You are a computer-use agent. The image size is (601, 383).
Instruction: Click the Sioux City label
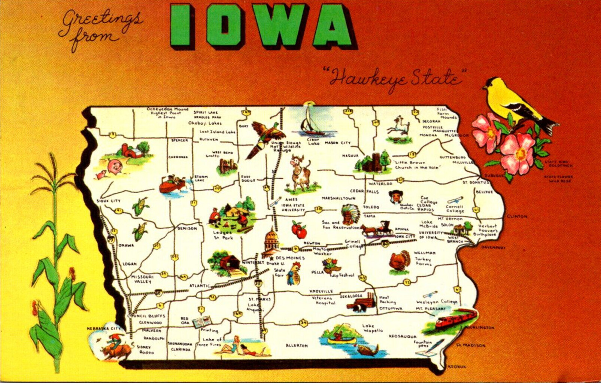pos(109,201)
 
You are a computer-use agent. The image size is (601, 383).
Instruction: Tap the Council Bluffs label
pos(146,316)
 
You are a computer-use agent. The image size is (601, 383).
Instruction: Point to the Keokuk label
pos(457,367)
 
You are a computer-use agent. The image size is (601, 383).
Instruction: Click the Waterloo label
pos(380,184)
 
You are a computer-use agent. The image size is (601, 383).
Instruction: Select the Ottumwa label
pos(391,308)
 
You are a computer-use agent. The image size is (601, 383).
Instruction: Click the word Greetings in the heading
pos(101,21)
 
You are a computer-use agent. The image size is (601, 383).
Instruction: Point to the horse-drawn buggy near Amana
pos(378,228)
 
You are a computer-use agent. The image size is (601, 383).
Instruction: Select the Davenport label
pos(493,247)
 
